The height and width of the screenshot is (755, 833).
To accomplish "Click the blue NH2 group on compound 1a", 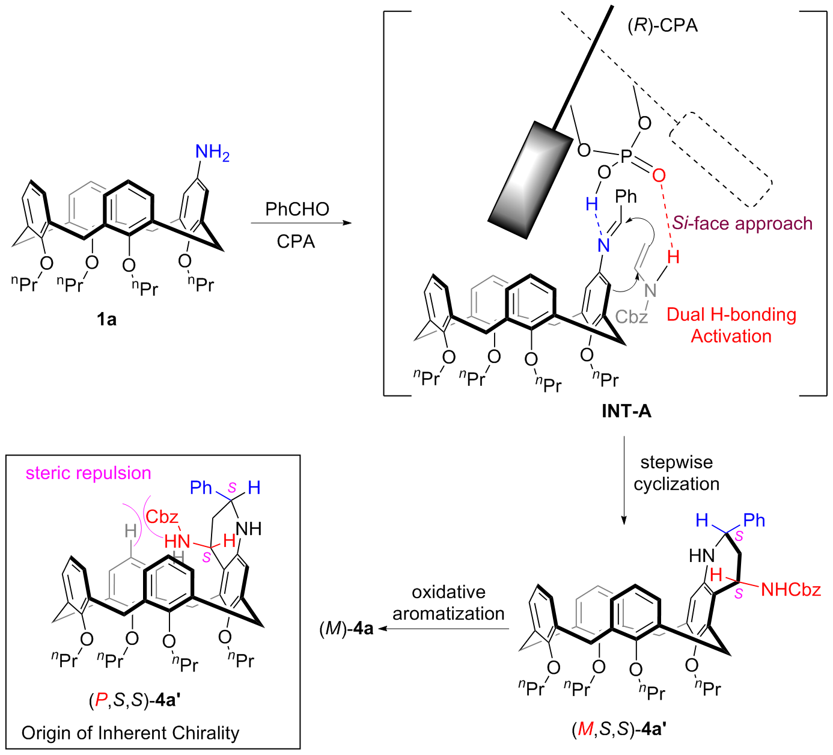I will coord(212,153).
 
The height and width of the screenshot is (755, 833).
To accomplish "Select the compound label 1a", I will coord(106,319).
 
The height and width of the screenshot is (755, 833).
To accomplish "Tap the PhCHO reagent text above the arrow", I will coord(297,209).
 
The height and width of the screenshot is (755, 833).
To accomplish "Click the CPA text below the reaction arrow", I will coord(296,242).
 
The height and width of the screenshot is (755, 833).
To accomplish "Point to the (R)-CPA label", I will coord(662,26).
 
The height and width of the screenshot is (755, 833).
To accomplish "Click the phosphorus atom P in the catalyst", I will coord(626,157).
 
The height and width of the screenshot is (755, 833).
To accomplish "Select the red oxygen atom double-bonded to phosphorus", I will coord(659,176).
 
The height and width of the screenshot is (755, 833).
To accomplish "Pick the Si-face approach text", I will coord(742,224).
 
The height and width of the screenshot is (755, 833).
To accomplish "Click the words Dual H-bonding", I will coord(731,314).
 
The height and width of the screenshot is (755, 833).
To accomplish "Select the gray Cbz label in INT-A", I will coord(632,316).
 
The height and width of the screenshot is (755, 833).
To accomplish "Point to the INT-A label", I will coord(626,411).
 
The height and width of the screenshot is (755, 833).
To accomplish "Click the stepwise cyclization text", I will coord(676,473).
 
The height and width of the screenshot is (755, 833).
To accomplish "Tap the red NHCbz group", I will coord(790,590).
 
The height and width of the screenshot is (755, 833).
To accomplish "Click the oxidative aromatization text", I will coord(448,603).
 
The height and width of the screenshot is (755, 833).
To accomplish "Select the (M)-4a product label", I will coord(346,629).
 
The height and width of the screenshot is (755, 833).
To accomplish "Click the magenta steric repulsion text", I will coord(88,473).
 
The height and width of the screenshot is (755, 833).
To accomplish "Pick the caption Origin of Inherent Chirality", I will coord(130,733).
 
